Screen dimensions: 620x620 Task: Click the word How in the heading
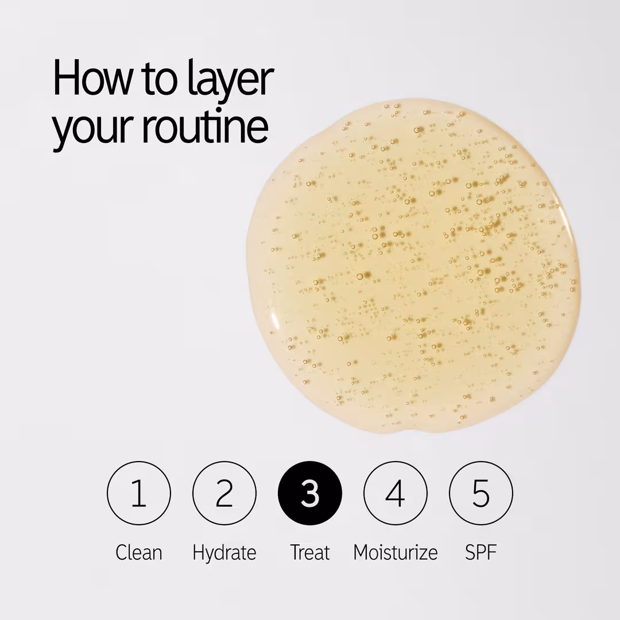point(92,77)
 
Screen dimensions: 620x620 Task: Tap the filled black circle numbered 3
point(309,493)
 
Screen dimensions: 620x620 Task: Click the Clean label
point(139,552)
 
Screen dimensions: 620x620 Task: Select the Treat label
point(309,552)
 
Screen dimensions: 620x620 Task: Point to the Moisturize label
point(396,552)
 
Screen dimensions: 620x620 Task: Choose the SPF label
point(481,552)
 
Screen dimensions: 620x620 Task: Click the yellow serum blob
point(411,265)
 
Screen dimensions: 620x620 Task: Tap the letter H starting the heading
point(65,78)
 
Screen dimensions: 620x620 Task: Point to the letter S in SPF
point(471,553)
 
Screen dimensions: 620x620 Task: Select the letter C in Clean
point(121,553)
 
